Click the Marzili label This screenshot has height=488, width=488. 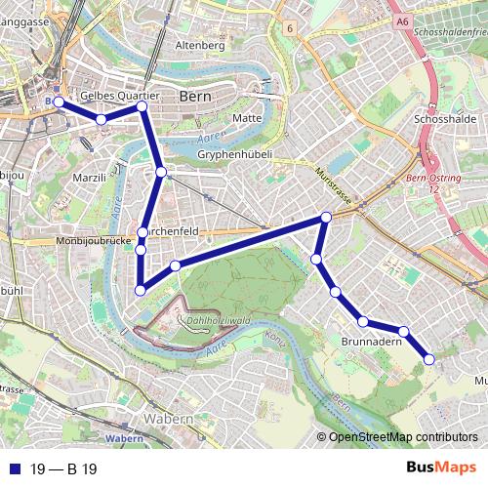tap(89, 179)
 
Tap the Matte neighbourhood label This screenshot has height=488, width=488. tap(246, 118)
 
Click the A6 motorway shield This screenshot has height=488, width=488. tap(401, 19)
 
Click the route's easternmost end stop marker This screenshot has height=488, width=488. tap(428, 360)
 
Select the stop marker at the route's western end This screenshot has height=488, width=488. tap(59, 102)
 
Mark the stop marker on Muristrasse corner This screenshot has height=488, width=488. tap(326, 217)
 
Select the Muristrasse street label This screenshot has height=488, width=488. tap(333, 183)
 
